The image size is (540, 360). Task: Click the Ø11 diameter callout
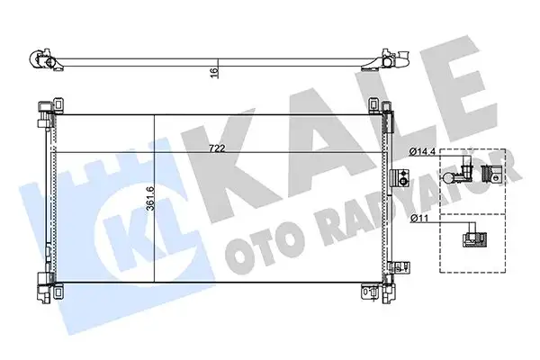click(418, 218)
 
